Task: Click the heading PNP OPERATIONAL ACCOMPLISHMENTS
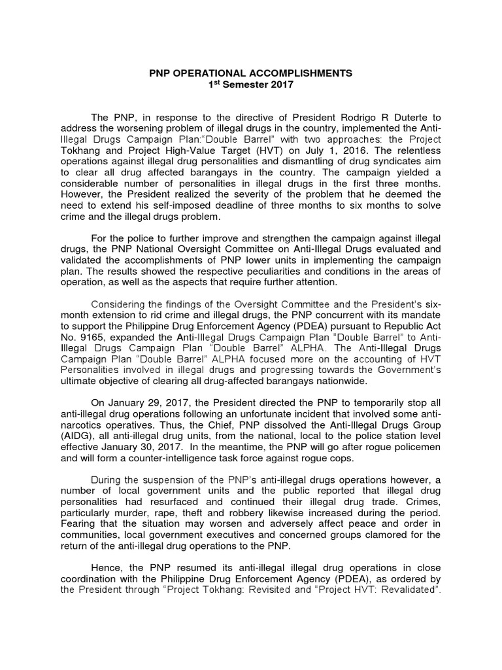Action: tap(251, 74)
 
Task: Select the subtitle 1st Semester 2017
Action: tap(251, 84)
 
